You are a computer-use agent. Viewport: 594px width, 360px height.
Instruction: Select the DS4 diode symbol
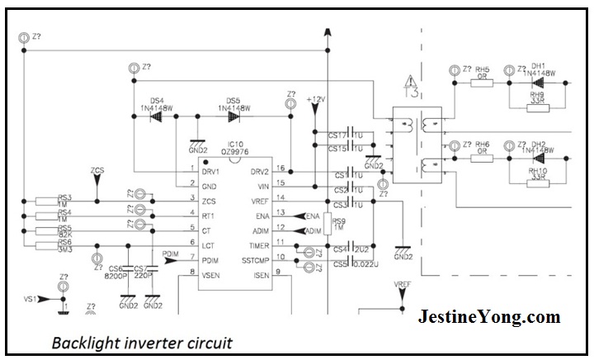pos(155,117)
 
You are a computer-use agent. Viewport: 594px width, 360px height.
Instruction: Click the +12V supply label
pos(315,99)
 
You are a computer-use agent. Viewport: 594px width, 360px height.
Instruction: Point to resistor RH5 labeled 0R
pos(483,80)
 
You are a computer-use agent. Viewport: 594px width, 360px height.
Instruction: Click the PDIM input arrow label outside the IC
pos(170,255)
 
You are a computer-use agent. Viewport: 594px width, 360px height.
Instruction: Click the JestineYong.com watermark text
pos(489,317)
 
